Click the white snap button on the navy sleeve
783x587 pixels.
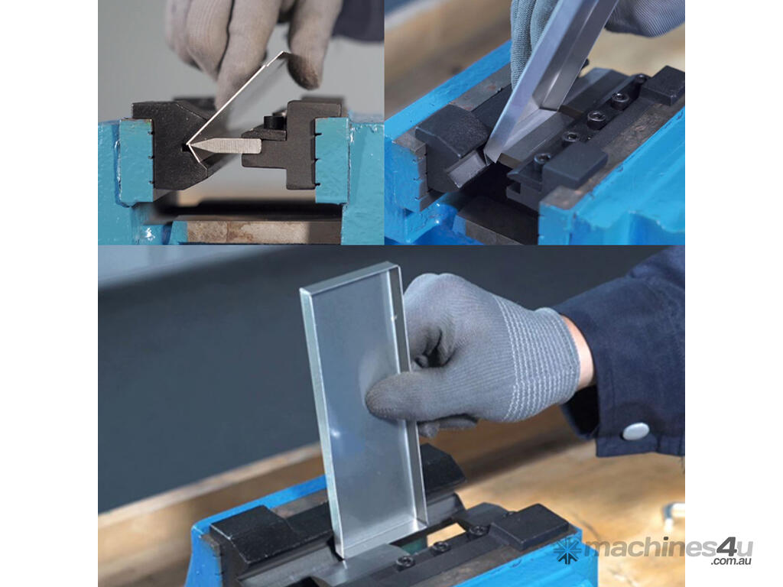pos(635,431)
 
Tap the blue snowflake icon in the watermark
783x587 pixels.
pos(567,550)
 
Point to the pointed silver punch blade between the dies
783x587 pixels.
pos(226,146)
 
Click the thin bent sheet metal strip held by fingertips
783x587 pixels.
pos(235,107)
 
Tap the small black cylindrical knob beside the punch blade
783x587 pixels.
pos(274,122)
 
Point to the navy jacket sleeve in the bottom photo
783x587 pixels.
pos(629,359)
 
